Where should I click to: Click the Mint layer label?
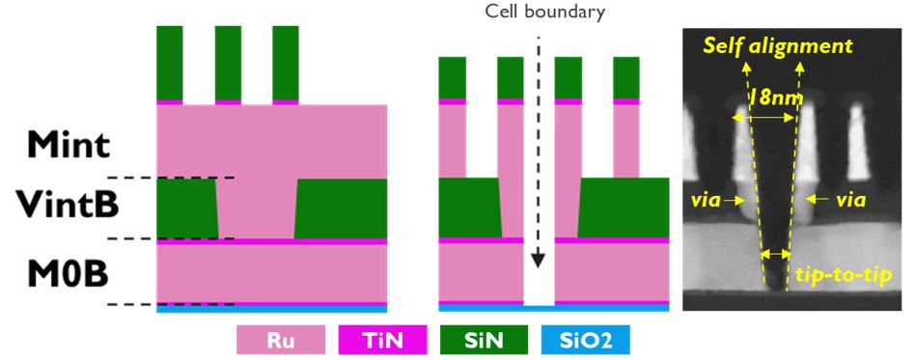tap(69, 145)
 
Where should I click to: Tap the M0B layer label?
tap(69, 272)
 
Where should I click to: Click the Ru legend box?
tap(281, 340)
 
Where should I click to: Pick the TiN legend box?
tap(382, 340)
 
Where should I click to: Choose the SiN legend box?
tap(485, 340)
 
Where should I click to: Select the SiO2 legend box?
tap(586, 340)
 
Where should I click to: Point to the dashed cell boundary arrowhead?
tap(538, 260)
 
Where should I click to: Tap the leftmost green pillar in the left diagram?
tap(170, 63)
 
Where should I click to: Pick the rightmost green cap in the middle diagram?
tap(626, 78)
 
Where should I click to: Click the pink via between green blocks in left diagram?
tap(257, 208)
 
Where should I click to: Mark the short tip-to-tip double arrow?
tap(776, 255)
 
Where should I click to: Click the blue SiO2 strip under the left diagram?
tap(271, 310)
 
